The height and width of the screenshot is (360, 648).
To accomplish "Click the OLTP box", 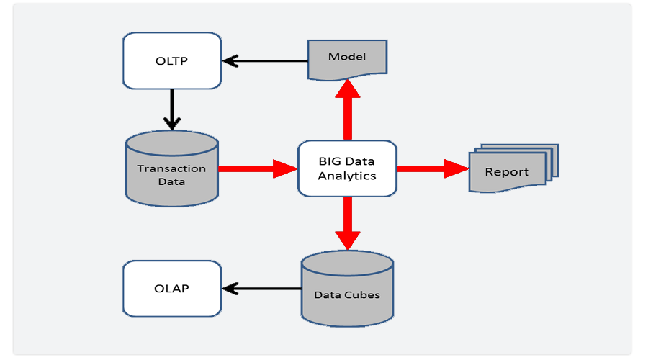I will tap(171, 60).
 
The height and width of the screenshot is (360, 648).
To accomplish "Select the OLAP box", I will tap(171, 289).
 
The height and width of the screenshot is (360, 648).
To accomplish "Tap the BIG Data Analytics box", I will tap(347, 168).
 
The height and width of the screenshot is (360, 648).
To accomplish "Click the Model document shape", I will tap(347, 58).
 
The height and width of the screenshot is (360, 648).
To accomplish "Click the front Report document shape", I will tap(506, 174).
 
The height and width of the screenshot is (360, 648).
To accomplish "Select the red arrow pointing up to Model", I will tap(348, 108).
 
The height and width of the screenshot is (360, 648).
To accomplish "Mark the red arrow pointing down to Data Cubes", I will tap(348, 223).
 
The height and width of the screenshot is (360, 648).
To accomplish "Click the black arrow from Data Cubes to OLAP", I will tap(261, 289).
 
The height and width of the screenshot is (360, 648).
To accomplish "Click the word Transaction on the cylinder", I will tap(172, 169).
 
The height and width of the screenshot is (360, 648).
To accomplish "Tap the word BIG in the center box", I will tap(330, 162).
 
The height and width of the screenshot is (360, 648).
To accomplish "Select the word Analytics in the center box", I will tap(347, 176).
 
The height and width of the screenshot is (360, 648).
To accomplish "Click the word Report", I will tap(506, 173).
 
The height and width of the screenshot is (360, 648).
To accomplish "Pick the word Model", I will tap(347, 57).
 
